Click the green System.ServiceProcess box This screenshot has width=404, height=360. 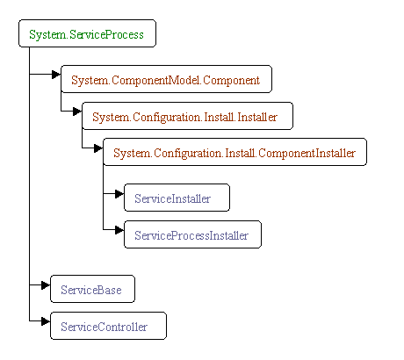pyautogui.click(x=87, y=33)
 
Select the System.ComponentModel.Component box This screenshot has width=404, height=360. pyautogui.click(x=166, y=79)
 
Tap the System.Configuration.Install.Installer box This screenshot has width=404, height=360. pyautogui.click(x=187, y=116)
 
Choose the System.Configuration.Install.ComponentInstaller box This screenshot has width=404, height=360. pyautogui.click(x=234, y=152)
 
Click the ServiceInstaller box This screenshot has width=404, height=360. pyautogui.click(x=177, y=198)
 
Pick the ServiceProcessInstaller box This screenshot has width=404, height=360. pyautogui.click(x=192, y=234)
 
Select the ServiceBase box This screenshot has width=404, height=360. pyautogui.click(x=92, y=289)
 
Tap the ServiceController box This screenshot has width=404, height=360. pyautogui.click(x=108, y=326)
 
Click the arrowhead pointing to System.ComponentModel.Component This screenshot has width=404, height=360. pyautogui.click(x=56, y=75)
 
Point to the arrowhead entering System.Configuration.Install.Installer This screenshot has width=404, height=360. pyautogui.click(x=77, y=112)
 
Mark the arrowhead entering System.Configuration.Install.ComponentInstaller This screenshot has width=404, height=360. pyautogui.click(x=98, y=148)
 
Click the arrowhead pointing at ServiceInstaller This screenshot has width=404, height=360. pyautogui.click(x=119, y=193)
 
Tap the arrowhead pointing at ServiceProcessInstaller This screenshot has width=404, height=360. pyautogui.click(x=119, y=230)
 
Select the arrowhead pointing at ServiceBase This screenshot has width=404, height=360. pyautogui.click(x=46, y=284)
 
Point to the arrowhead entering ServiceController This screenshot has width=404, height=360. pyautogui.click(x=46, y=321)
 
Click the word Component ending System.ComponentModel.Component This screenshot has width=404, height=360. pyautogui.click(x=231, y=81)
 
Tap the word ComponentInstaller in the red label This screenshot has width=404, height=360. pyautogui.click(x=307, y=154)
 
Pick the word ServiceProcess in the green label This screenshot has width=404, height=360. pyautogui.click(x=106, y=35)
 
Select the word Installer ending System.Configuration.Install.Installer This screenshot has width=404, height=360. pyautogui.click(x=257, y=117)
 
